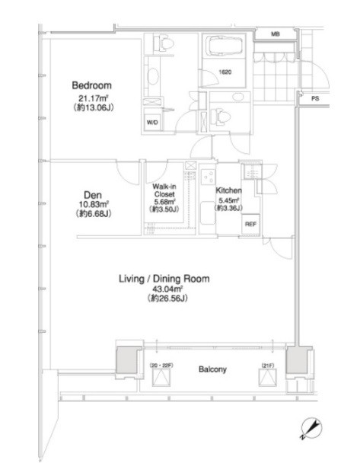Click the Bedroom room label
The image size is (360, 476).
tap(91, 85)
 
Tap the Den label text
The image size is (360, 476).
tap(93, 195)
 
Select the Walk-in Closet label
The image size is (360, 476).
tap(164, 190)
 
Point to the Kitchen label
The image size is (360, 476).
tap(228, 190)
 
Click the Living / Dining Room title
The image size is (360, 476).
tap(164, 279)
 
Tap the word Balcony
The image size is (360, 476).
tap(212, 369)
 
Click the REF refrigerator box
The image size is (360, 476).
tap(250, 225)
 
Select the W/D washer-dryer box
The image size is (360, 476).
tap(152, 123)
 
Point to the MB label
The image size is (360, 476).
tap(276, 34)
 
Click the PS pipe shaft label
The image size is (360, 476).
tap(315, 99)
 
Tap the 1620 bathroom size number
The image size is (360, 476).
tap(225, 72)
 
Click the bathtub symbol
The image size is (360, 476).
tap(224, 46)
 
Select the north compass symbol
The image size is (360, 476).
tap(311, 429)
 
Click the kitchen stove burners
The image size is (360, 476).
tap(208, 177)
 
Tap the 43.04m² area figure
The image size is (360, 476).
tap(164, 289)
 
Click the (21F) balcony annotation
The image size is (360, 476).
tap(267, 366)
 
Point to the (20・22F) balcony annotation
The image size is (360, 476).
tap(161, 366)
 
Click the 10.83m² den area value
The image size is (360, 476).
tap(93, 205)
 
